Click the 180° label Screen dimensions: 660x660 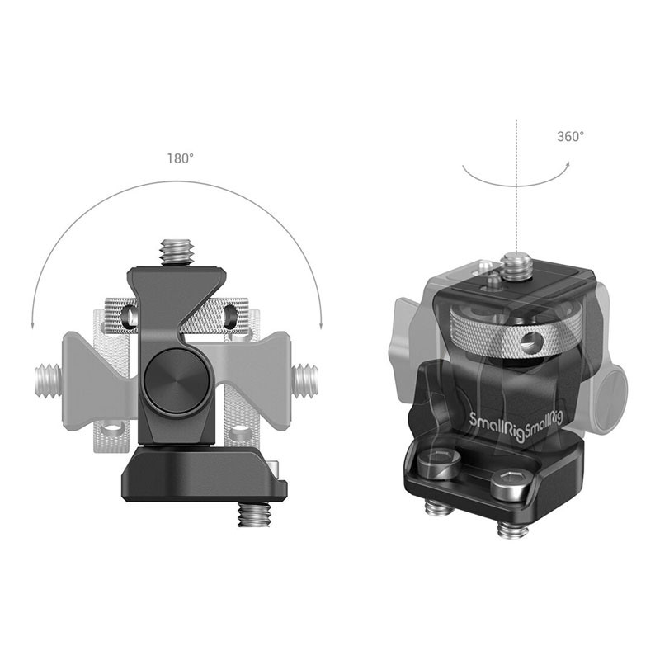pos(181,158)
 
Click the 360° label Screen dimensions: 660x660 pos(570,136)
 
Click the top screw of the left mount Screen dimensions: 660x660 pos(176,252)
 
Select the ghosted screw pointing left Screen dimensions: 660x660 pos(49,381)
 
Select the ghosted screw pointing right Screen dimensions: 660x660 pos(306,381)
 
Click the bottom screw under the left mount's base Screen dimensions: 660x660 pos(254,513)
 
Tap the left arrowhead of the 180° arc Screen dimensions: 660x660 pos(32,324)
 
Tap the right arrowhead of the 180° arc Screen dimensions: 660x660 pos(321,324)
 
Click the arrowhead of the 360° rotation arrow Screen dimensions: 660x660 pos(567,165)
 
